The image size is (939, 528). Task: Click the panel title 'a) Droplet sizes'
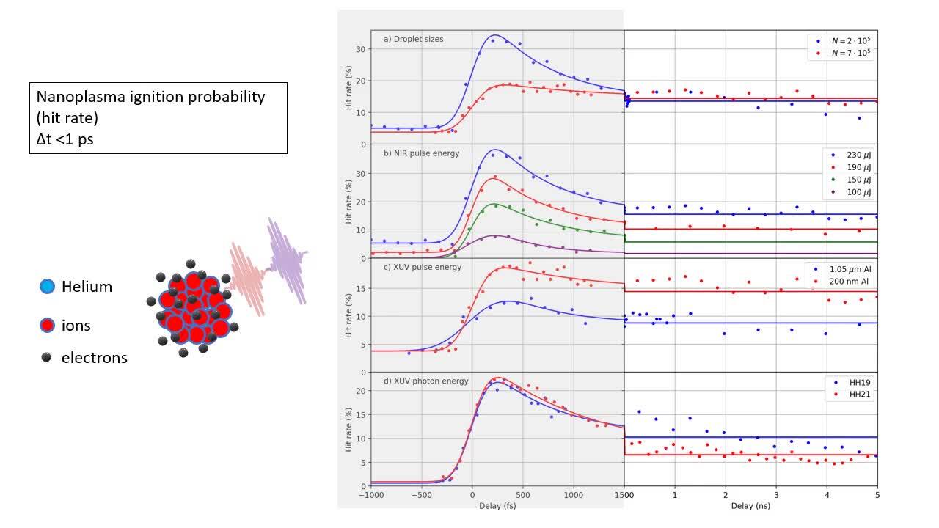point(413,39)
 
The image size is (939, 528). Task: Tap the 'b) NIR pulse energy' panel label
point(420,153)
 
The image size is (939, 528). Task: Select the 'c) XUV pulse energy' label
point(422,267)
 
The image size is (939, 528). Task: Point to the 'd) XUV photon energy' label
point(425,381)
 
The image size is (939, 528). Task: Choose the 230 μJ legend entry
point(852,155)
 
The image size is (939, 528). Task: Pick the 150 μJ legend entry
point(852,180)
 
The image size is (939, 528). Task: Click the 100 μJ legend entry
point(852,192)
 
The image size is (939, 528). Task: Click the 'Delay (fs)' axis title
point(497,506)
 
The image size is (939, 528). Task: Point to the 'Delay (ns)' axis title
point(750,506)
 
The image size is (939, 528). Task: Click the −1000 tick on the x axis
point(370,495)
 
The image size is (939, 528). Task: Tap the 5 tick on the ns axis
point(877,495)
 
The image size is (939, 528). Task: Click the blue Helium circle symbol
point(48,287)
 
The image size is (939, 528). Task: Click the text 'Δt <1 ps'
point(65,139)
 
